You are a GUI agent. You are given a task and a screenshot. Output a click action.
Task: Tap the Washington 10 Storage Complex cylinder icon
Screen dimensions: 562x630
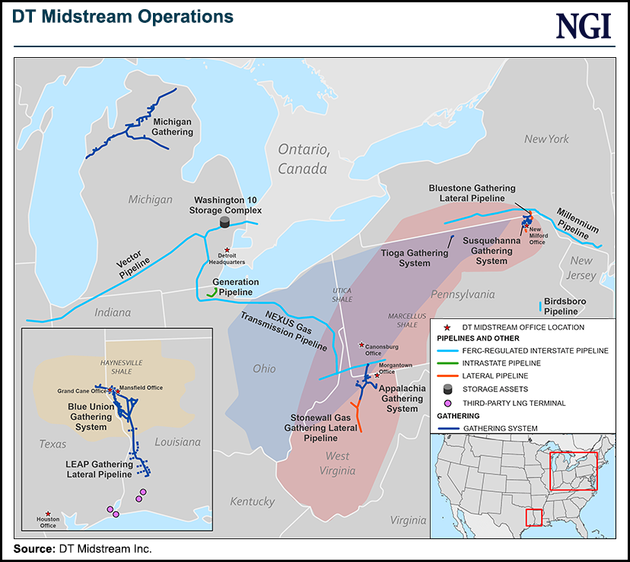coord(224,222)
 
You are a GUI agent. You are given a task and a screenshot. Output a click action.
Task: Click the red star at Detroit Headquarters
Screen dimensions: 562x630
coord(227,249)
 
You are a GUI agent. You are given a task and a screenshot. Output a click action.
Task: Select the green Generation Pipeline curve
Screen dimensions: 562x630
coord(212,292)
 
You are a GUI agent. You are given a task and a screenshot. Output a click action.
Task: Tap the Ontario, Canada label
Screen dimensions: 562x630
coord(303,158)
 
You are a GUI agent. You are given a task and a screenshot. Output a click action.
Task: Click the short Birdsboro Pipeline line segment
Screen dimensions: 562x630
coord(541,307)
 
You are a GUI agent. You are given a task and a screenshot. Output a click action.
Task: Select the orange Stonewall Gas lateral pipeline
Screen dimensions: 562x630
coord(357,419)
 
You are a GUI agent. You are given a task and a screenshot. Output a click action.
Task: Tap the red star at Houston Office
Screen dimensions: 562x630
coord(48,514)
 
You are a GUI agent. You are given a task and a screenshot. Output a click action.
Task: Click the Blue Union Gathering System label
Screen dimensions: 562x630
coord(90,417)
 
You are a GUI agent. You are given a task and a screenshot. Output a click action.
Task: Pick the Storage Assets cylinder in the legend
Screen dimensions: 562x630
coord(448,389)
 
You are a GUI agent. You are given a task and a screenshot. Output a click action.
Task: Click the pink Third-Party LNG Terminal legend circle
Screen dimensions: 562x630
coord(448,403)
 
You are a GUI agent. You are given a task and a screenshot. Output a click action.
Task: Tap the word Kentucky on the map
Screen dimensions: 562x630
coord(252,502)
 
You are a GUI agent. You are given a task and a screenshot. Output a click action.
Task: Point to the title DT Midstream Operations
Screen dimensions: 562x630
coord(123,16)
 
